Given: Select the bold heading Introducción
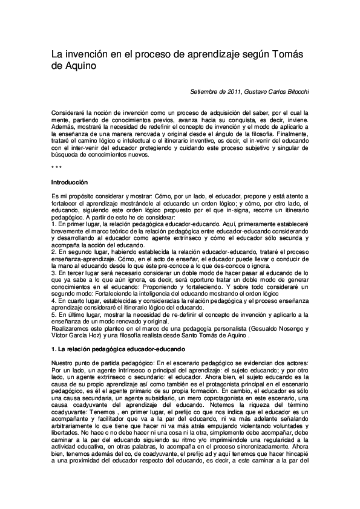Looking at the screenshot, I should [x=70, y=182].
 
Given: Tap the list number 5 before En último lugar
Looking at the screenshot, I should [x=54, y=314].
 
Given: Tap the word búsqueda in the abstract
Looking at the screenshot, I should [x=65, y=154].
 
